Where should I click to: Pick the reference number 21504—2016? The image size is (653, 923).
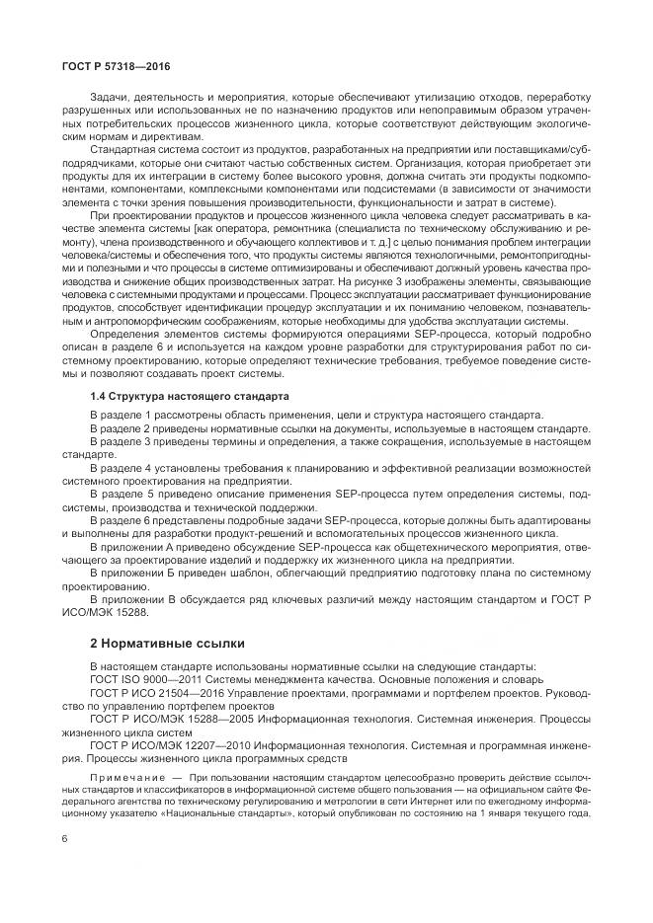click(x=186, y=695)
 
